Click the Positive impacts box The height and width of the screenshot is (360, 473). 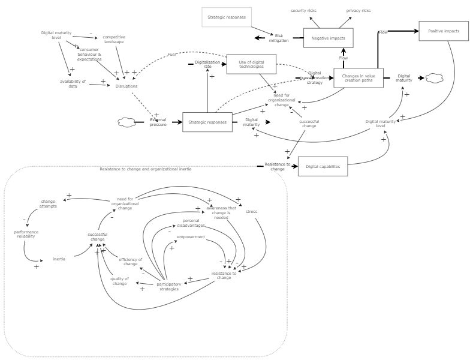[443, 31]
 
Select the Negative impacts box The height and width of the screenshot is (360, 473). [328, 38]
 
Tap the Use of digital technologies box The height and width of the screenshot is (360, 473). [251, 64]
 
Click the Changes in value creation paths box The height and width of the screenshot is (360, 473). [358, 78]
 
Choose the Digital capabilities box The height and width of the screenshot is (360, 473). [323, 166]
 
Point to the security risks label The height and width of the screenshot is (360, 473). [303, 11]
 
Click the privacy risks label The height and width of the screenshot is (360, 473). [358, 11]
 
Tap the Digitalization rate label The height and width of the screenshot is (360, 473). [207, 64]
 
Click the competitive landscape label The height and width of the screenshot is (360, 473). [113, 39]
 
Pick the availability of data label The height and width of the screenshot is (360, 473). [73, 83]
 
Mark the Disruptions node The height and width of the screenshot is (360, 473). [126, 86]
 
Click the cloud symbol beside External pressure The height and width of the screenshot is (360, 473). [126, 122]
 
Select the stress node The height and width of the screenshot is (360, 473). [251, 211]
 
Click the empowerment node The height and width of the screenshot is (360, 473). [191, 236]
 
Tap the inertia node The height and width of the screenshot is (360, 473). [59, 259]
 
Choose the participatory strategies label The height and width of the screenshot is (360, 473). [168, 287]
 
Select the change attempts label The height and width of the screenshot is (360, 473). [48, 204]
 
